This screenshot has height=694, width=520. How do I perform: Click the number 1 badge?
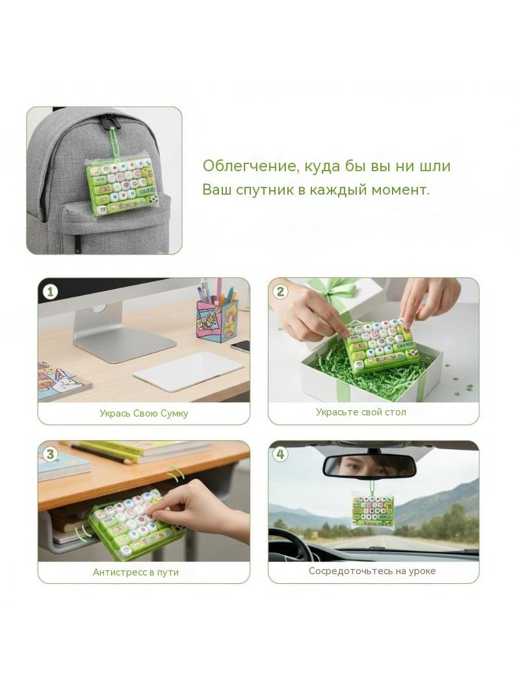point(50,292)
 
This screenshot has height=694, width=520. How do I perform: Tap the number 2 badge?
point(280,291)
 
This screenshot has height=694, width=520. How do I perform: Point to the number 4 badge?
point(280,454)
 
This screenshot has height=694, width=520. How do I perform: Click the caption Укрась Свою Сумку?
point(144,413)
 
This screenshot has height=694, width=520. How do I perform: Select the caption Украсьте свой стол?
point(361,412)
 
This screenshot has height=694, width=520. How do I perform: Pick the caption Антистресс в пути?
point(136,572)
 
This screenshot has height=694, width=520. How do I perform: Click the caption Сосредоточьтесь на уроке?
point(372,571)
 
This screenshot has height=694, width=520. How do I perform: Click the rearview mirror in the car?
point(369,467)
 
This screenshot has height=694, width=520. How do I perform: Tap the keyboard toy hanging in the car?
point(372,511)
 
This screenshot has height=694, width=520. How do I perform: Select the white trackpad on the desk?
point(188,371)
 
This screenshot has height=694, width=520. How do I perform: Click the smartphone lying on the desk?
point(240,346)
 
